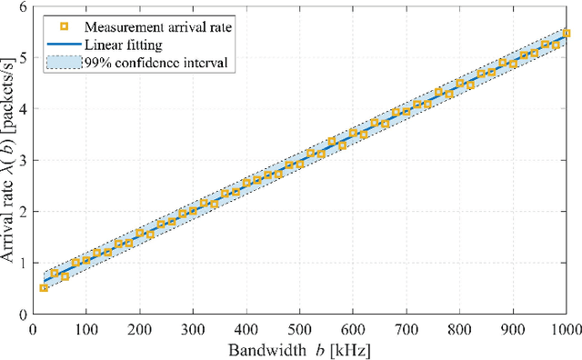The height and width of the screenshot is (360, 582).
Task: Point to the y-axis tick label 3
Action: pos(24,161)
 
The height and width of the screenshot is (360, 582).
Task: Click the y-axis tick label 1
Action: pos(24,264)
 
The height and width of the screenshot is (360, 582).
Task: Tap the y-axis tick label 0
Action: pos(24,315)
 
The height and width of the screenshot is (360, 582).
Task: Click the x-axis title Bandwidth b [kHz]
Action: pos(300,348)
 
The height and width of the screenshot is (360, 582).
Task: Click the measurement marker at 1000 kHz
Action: pos(567,33)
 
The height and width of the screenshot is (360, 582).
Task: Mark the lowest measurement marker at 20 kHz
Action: pos(44,288)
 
